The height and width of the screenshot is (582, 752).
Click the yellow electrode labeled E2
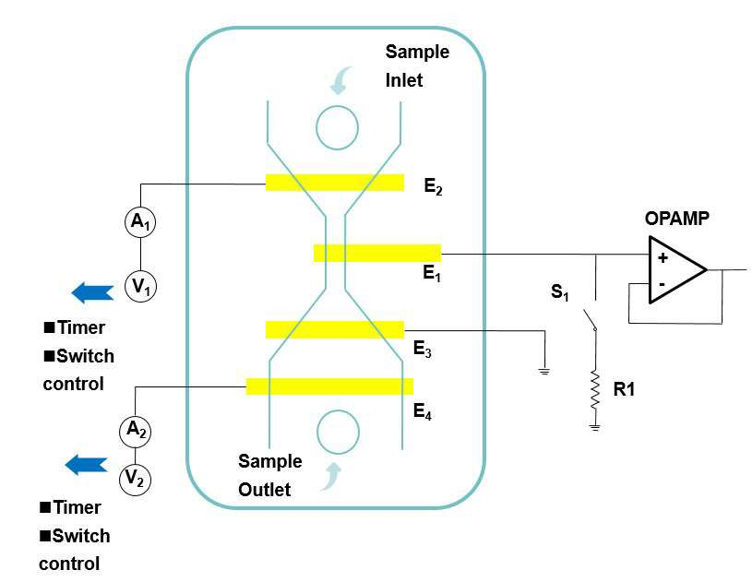(x=335, y=183)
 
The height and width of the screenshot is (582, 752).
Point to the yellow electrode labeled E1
(x=377, y=253)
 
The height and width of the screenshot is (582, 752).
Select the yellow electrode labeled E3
(x=335, y=330)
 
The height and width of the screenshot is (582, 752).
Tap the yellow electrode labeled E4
(x=329, y=386)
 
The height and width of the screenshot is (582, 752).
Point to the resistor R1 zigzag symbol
(x=595, y=390)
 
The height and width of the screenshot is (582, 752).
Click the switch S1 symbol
(x=590, y=320)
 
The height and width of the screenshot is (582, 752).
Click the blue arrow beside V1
(x=92, y=292)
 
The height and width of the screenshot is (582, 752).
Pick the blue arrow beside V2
(x=87, y=465)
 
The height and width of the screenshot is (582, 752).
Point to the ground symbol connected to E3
(x=544, y=371)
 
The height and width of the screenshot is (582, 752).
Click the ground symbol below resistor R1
(x=595, y=428)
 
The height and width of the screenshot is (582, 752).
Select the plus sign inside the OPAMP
(x=662, y=258)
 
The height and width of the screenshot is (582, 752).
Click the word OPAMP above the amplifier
(x=676, y=219)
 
